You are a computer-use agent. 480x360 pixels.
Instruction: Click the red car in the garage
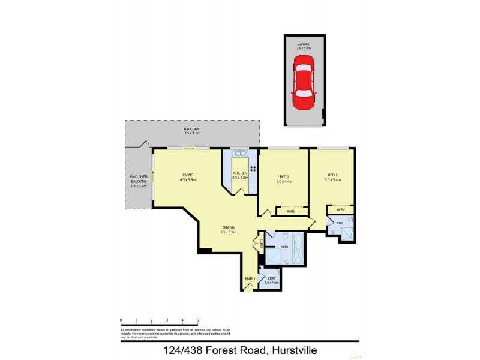[304, 85]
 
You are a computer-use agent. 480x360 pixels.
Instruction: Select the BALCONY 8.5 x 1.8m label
[192, 133]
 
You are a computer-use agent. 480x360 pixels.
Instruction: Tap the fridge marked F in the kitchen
[253, 191]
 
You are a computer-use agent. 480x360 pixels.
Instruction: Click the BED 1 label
[332, 177]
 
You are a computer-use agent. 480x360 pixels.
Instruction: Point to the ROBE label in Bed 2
[290, 211]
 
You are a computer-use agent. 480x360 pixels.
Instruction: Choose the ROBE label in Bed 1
[340, 210]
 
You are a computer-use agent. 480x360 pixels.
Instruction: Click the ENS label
[340, 223]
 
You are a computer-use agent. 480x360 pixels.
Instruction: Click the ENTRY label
[250, 278]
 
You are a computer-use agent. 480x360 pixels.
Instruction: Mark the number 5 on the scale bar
[197, 320]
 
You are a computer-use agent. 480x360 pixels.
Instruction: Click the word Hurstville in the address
[295, 350]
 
